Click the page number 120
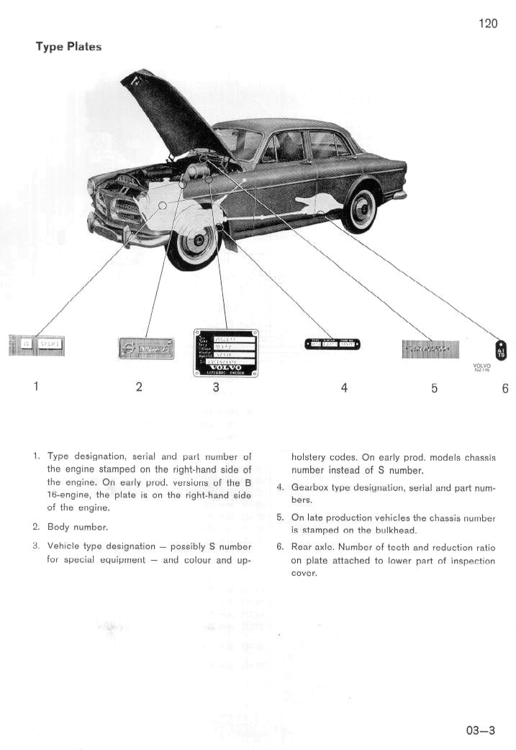[487, 23]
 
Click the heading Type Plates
[69, 47]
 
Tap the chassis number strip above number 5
[430, 349]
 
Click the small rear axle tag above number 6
[502, 350]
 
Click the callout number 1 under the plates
[35, 387]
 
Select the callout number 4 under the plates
[344, 387]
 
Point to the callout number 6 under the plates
[505, 388]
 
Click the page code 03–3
[481, 730]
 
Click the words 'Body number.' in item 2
[77, 527]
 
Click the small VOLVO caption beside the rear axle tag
[481, 366]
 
